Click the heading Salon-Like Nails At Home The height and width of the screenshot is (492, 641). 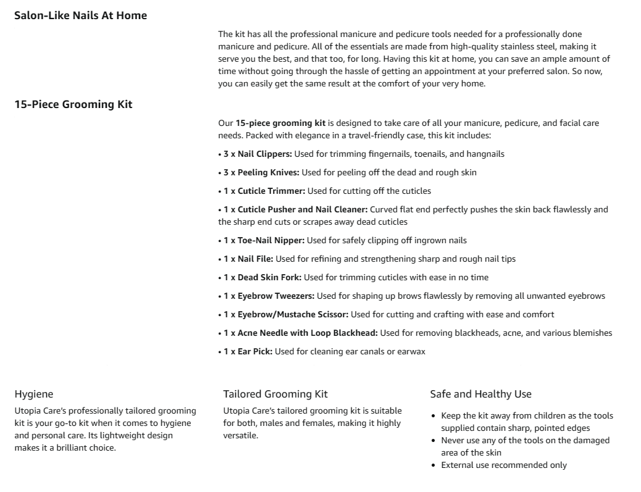point(80,15)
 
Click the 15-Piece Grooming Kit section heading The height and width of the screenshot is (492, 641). point(73,104)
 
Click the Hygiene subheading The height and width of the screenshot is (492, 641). point(34,394)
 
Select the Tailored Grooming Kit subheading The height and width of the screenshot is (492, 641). point(275,394)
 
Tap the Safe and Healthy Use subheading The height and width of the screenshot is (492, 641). point(480,394)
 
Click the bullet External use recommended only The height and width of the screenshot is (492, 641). point(503,465)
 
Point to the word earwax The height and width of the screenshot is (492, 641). point(411,351)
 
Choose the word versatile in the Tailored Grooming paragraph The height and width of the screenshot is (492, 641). point(240,435)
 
